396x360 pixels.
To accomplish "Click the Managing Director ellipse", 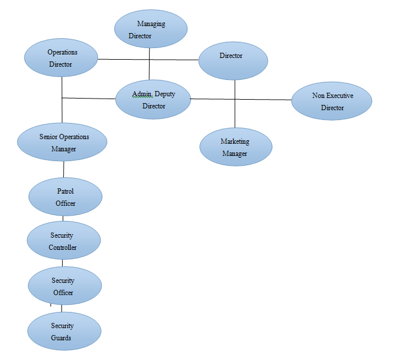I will [150, 30].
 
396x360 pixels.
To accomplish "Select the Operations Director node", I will [60, 58].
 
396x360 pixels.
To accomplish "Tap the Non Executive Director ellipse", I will [332, 101].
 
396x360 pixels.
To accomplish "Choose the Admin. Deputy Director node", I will [153, 100].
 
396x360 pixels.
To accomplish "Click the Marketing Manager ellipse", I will [235, 147].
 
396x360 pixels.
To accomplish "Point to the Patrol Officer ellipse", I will [65, 197].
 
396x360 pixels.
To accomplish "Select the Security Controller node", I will [63, 241].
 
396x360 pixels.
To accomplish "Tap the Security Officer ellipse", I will [64, 286].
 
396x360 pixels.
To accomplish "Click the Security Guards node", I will [64, 331].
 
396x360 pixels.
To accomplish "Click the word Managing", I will [151, 24].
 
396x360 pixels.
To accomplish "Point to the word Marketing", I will [235, 141].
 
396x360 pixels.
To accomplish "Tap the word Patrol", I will [65, 191].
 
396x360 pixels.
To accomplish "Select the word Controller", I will [63, 248].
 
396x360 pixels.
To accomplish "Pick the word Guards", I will [61, 337].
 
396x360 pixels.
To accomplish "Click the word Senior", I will [48, 137].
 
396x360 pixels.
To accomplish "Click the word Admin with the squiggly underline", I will [141, 94].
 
